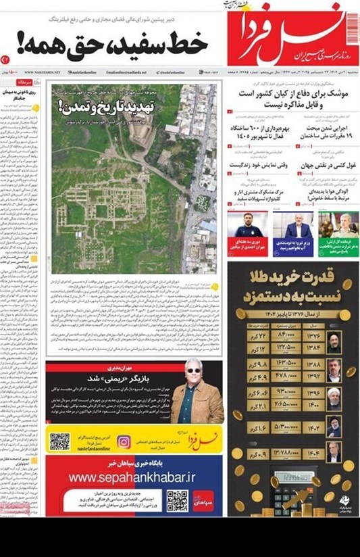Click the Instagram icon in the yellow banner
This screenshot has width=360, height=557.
click(x=124, y=441)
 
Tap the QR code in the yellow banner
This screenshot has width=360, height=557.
click(x=59, y=441)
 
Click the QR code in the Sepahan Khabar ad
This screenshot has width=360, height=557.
click(x=177, y=501)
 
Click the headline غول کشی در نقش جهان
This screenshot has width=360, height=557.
click(x=322, y=164)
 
